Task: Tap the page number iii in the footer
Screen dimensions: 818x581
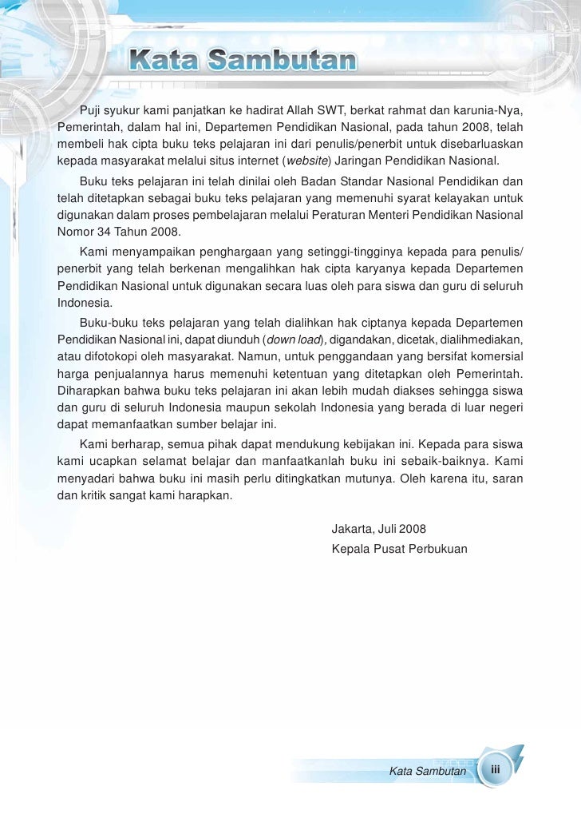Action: click(x=496, y=769)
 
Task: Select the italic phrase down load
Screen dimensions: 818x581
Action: click(x=292, y=339)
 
